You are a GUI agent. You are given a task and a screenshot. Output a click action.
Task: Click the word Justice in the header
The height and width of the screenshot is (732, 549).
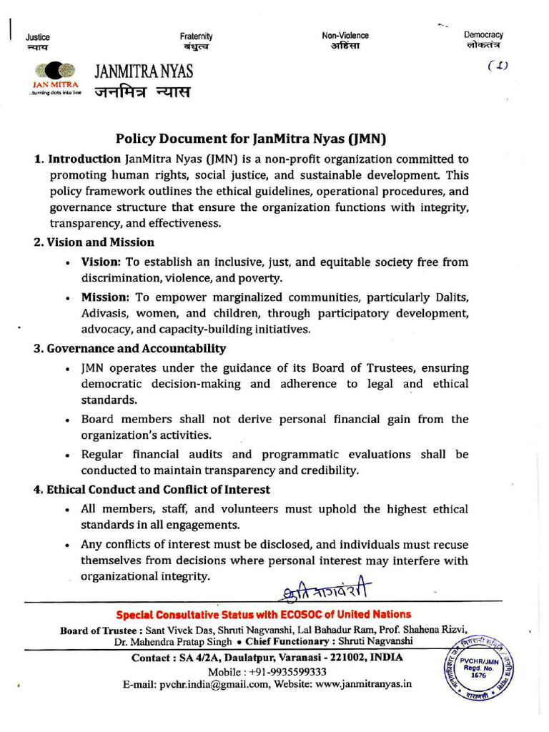coord(37,36)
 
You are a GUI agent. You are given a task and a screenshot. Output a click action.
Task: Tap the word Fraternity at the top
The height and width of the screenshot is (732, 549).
coord(197,36)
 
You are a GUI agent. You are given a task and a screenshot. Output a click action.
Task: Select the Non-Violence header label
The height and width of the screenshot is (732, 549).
coord(345,35)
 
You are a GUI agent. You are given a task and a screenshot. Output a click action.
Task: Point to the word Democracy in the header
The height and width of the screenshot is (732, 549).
coord(483,34)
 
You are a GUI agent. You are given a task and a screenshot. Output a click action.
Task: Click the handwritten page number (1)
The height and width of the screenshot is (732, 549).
coord(498,66)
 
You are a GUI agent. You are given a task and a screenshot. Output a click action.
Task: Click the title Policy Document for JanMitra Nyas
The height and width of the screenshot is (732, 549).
coord(255,139)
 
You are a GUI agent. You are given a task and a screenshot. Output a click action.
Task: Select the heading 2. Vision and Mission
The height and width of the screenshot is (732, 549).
coord(94,242)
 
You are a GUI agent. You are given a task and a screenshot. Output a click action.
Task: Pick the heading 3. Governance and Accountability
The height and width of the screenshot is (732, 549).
coord(129,349)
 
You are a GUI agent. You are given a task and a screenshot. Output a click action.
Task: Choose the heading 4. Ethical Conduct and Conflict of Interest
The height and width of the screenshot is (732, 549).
coord(152,490)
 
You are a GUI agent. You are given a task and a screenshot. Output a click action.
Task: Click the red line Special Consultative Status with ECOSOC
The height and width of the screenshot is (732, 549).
coord(264,615)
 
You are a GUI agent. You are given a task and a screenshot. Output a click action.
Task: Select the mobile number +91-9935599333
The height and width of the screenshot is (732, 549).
coord(287,672)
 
